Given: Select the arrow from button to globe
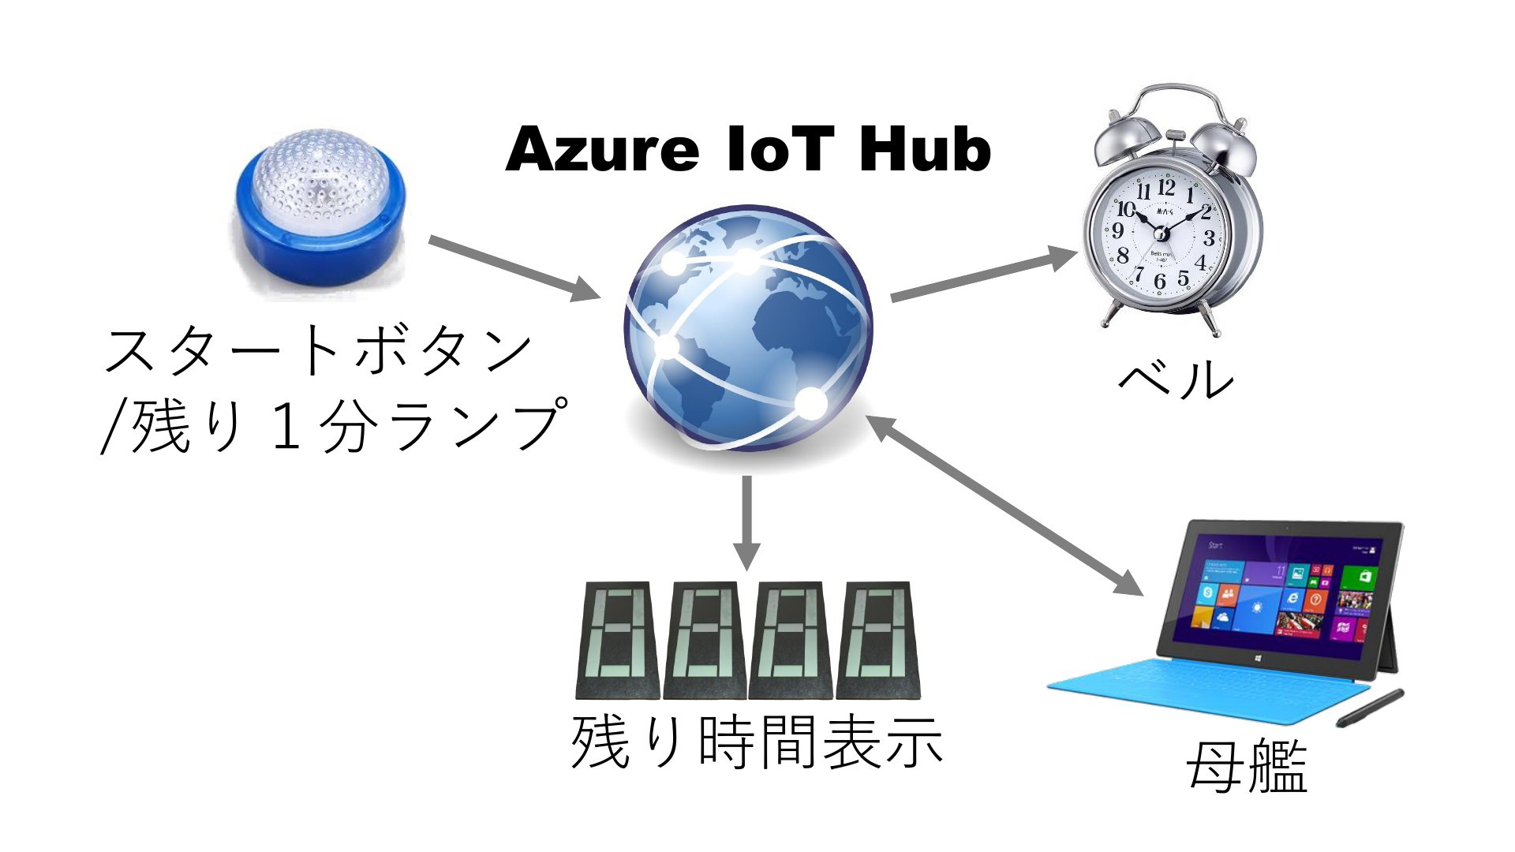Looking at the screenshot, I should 513,268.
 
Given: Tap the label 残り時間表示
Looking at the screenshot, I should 756,742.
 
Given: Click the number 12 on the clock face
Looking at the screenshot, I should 1166,188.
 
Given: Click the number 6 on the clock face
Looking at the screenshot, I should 1159,282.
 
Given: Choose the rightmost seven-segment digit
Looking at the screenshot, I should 878,641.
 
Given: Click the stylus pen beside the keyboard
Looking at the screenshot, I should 1370,708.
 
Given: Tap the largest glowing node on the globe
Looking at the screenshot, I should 810,403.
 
